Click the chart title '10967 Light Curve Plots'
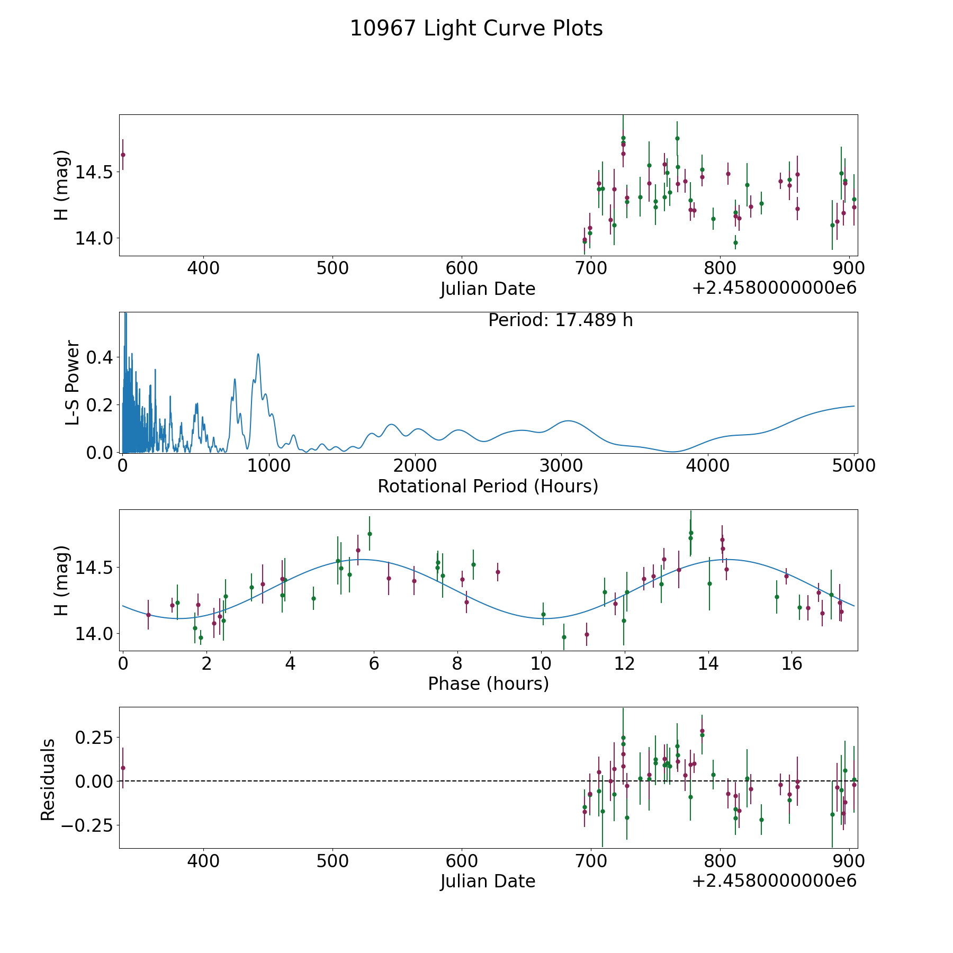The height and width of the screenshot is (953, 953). point(476,29)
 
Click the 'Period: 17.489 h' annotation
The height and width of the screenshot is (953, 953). point(560,321)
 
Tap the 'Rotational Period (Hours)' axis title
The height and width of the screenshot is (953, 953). point(488,486)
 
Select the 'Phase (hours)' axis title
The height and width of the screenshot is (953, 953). point(488,684)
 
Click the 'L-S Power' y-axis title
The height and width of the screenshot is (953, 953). point(73,382)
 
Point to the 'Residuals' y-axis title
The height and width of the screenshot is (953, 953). point(48,779)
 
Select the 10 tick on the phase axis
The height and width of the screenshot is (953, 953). point(541,663)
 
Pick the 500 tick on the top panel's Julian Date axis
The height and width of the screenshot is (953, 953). point(332,268)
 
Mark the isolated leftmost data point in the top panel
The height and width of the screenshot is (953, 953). point(123,155)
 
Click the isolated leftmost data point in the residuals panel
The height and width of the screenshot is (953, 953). point(123,768)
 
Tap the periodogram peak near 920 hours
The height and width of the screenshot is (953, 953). point(258,354)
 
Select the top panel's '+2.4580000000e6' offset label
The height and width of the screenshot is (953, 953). point(774,289)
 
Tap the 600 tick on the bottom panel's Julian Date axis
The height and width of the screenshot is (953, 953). point(462,861)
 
